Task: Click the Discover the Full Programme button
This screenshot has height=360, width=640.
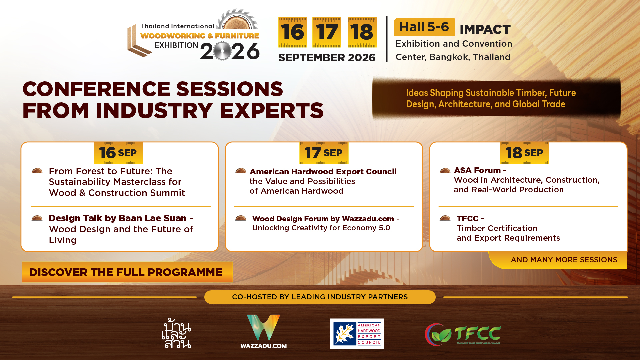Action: pyautogui.click(x=127, y=272)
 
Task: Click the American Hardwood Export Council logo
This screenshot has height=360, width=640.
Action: pyautogui.click(x=357, y=334)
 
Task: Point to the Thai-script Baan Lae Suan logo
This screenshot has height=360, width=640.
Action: pyautogui.click(x=176, y=334)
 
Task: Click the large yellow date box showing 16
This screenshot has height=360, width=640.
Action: pyautogui.click(x=293, y=32)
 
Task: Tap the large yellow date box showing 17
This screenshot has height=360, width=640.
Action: pyautogui.click(x=327, y=32)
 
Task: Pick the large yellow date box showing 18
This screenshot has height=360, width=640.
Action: pyautogui.click(x=362, y=32)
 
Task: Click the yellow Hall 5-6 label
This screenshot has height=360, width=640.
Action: pyautogui.click(x=424, y=27)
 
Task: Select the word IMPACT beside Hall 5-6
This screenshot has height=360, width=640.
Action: pyautogui.click(x=485, y=29)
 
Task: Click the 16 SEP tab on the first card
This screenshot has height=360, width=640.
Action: pyautogui.click(x=118, y=153)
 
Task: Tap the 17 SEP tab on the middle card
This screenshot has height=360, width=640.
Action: pyautogui.click(x=324, y=153)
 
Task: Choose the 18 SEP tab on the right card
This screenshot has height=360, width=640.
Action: pyautogui.click(x=525, y=153)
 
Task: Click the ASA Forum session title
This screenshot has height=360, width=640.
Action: pyautogui.click(x=480, y=170)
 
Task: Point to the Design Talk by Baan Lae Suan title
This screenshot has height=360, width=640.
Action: pyautogui.click(x=121, y=218)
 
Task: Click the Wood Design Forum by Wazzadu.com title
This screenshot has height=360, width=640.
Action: pyautogui.click(x=325, y=219)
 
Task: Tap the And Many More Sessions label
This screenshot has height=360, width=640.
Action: pyautogui.click(x=564, y=260)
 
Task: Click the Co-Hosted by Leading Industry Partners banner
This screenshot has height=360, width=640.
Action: pyautogui.click(x=320, y=297)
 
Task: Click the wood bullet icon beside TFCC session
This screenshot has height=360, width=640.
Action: pyautogui.click(x=445, y=218)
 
